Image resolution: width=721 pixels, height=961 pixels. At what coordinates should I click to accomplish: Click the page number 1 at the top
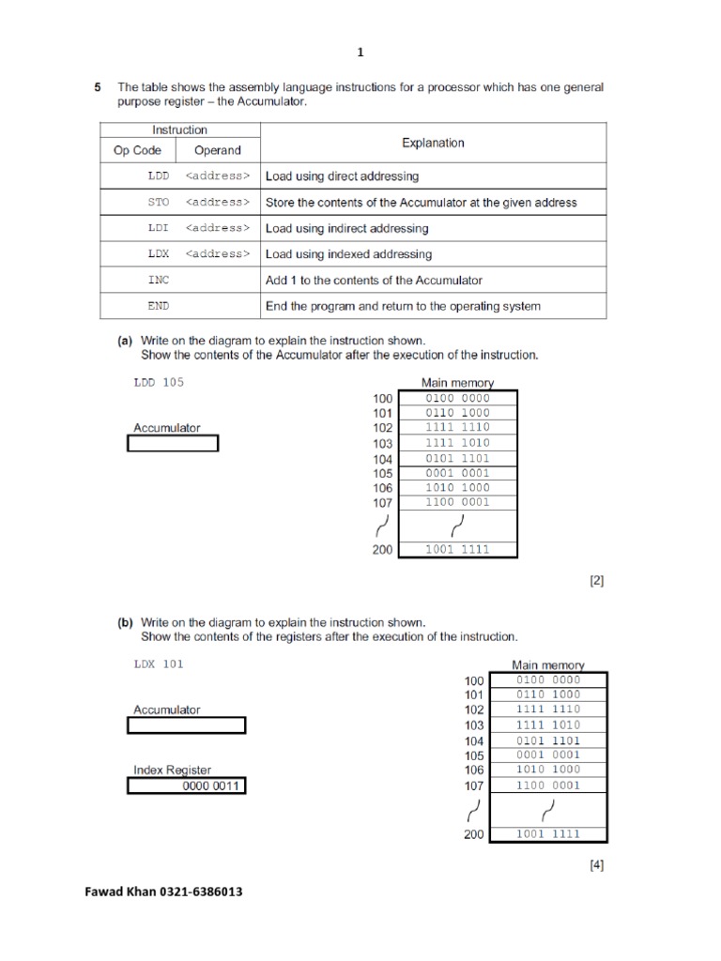[x=360, y=53]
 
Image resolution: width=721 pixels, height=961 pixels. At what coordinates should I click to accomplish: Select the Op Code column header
[x=137, y=150]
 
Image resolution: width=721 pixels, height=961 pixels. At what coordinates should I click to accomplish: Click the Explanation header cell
[x=433, y=143]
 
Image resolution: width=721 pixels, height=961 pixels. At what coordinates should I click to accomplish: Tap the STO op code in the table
[x=159, y=202]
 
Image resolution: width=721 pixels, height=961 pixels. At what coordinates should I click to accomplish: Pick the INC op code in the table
[x=159, y=280]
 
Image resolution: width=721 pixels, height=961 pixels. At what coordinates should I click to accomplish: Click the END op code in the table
[x=159, y=306]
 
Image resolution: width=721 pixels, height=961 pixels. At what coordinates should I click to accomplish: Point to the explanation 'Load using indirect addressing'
[x=347, y=228]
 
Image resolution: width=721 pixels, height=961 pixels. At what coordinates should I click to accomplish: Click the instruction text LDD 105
[x=160, y=383]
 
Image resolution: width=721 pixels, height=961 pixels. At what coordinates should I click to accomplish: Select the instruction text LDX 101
[x=159, y=664]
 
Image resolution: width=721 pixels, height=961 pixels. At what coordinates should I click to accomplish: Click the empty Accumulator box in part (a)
[x=173, y=443]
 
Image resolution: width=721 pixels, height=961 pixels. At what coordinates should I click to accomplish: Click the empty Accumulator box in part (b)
[x=186, y=725]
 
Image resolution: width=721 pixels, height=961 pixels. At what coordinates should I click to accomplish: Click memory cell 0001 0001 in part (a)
[x=457, y=473]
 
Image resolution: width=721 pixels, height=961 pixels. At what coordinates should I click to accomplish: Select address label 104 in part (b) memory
[x=474, y=740]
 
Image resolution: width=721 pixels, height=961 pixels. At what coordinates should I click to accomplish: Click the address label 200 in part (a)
[x=382, y=550]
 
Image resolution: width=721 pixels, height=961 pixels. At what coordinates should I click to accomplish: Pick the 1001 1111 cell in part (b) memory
[x=548, y=833]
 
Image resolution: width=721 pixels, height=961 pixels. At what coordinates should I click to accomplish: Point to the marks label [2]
[x=597, y=581]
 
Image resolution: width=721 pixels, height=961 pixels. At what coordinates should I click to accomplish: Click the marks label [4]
[x=597, y=865]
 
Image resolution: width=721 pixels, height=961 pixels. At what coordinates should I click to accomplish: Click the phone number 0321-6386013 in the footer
[x=198, y=892]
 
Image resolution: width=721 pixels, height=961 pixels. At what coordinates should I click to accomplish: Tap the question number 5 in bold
[x=98, y=87]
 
